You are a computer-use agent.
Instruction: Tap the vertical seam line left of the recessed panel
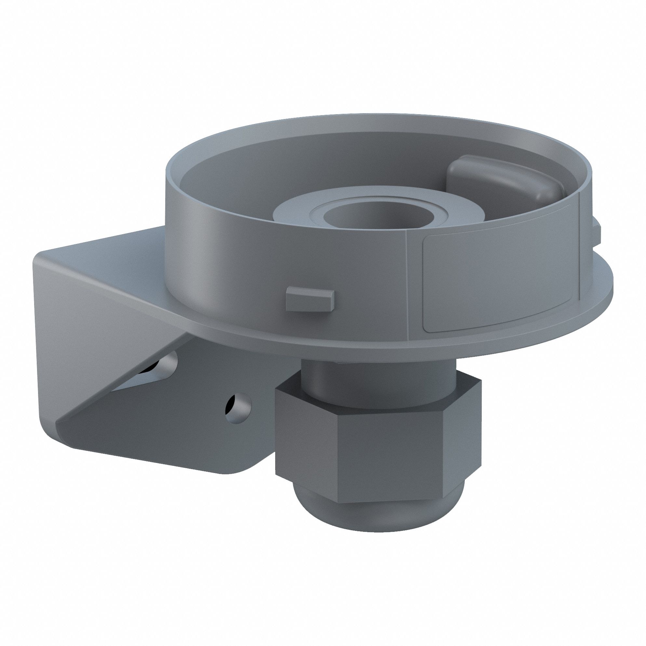tap(408, 284)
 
